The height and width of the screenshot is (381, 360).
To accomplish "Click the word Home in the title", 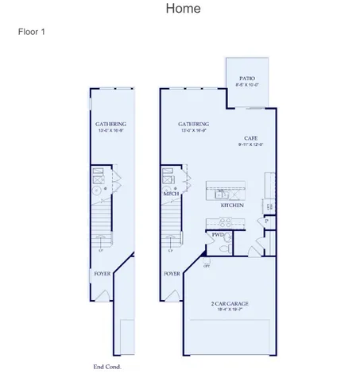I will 183,9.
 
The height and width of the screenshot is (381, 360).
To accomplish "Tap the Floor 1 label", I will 32,33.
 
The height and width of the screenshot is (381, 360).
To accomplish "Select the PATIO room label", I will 247,79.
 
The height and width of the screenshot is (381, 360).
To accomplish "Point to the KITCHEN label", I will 232,206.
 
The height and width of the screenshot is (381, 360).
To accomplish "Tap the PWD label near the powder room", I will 217,235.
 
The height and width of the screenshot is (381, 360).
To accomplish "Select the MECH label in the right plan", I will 171,194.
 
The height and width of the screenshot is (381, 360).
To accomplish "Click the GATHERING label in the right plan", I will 193,124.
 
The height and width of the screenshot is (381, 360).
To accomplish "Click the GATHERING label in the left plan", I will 110,124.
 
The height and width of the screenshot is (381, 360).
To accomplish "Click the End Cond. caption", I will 106,368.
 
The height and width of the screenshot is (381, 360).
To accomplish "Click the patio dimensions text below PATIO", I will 247,86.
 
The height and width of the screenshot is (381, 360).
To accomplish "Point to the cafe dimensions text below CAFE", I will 250,144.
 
